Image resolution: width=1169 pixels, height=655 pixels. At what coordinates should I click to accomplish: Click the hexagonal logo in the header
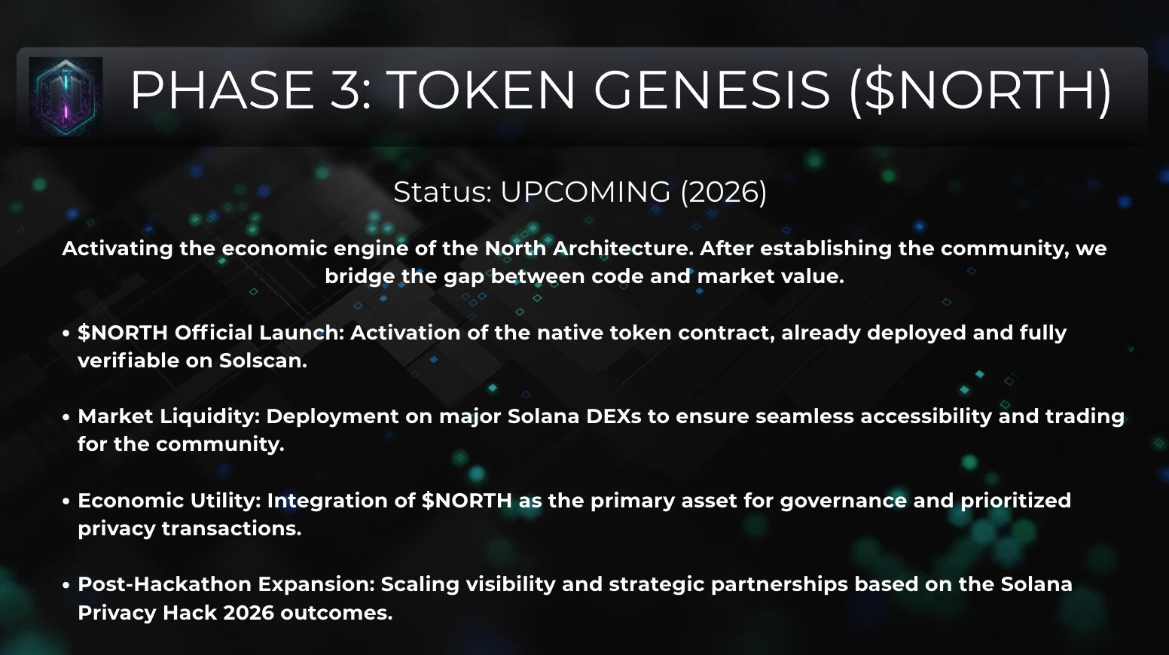(66, 96)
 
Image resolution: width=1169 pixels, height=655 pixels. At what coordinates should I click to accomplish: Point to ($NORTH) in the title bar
(981, 91)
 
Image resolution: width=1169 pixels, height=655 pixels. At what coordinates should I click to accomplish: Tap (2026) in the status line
(723, 192)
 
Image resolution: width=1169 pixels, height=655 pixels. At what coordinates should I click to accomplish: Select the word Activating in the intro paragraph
(118, 248)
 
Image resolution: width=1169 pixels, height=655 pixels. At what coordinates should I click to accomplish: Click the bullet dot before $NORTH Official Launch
(66, 334)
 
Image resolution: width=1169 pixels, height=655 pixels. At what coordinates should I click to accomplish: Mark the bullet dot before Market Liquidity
(66, 417)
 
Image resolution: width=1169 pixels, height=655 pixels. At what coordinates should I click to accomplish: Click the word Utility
(225, 501)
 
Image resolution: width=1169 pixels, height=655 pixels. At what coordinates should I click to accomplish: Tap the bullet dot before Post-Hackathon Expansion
(66, 585)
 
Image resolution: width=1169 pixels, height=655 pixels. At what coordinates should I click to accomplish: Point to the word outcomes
(337, 613)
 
